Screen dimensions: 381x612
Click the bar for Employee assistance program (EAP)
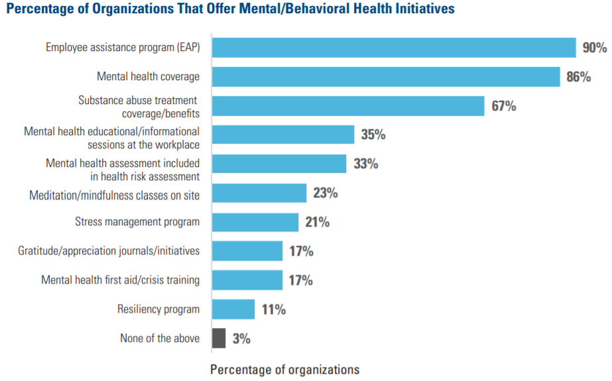[x=393, y=48]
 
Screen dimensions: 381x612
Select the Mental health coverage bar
[x=385, y=77]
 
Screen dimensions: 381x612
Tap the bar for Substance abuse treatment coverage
[x=347, y=106]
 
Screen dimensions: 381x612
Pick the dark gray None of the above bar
[x=218, y=338]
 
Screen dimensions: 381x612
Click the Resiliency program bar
[x=233, y=309]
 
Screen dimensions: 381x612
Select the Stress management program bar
[x=255, y=222]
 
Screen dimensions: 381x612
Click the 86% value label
[x=579, y=77]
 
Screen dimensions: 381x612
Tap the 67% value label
[x=503, y=106]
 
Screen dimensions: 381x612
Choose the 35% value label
[x=373, y=135]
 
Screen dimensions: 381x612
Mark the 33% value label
[x=365, y=164]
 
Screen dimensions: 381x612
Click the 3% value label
[x=241, y=339]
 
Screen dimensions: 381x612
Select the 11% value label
[x=273, y=309]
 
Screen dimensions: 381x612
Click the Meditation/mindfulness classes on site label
[x=114, y=195]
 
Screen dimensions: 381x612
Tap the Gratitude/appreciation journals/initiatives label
[x=109, y=251]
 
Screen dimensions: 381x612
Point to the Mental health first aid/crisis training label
[x=120, y=280]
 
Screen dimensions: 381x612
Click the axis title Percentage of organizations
[x=284, y=369]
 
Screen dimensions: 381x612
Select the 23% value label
[x=325, y=193]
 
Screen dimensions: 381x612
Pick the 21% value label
[x=317, y=223]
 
